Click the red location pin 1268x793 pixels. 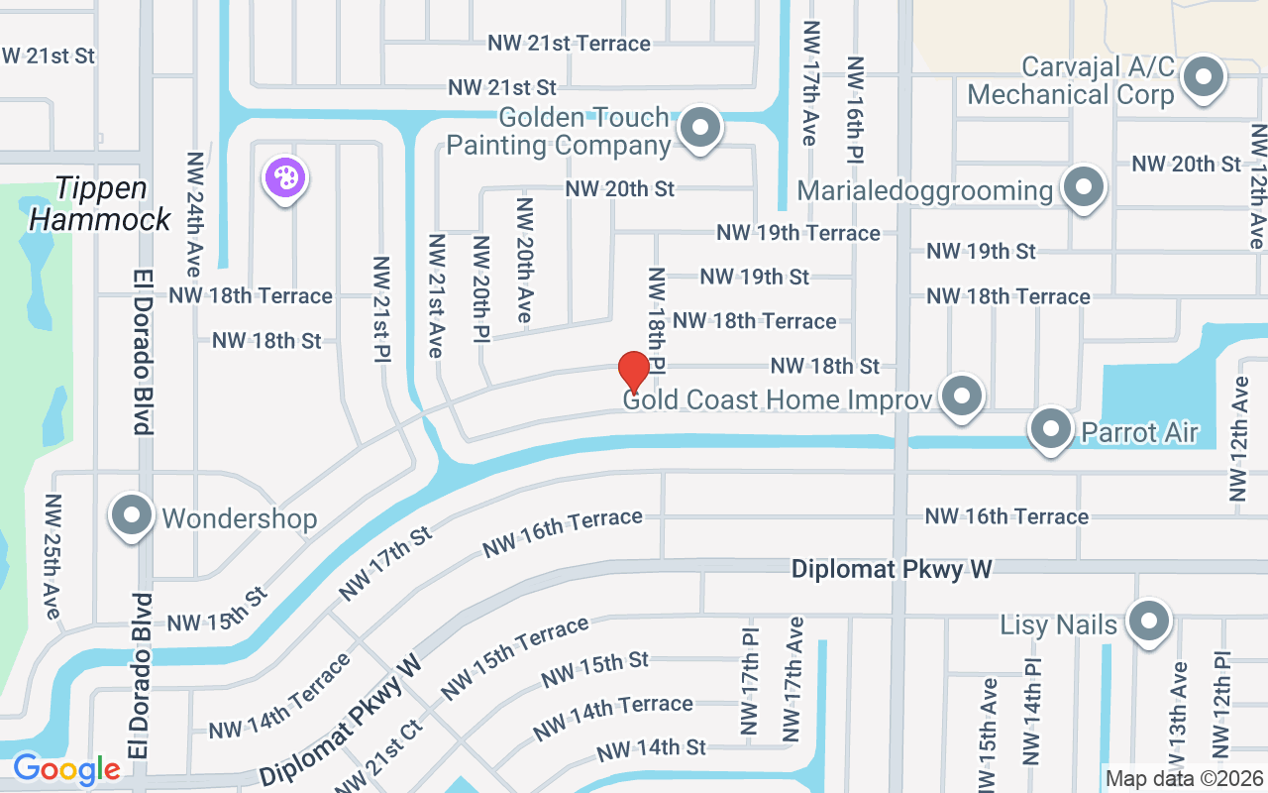pyautogui.click(x=634, y=373)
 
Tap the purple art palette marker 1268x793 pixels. pyautogui.click(x=285, y=179)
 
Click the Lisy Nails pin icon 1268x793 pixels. pyautogui.click(x=1149, y=622)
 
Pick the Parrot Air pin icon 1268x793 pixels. pyautogui.click(x=1051, y=429)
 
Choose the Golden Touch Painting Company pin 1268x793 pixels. pyautogui.click(x=701, y=128)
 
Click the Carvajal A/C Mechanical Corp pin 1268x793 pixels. pyautogui.click(x=1205, y=77)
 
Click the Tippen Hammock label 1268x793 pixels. pyautogui.click(x=101, y=203)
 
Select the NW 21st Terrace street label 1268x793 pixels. pyautogui.click(x=569, y=44)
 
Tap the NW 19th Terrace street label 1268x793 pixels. pyautogui.click(x=798, y=233)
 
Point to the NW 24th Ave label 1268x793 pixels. pyautogui.click(x=194, y=214)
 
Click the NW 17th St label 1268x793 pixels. pyautogui.click(x=385, y=564)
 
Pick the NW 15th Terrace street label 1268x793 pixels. pyautogui.click(x=515, y=656)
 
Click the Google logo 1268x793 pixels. pyautogui.click(x=66, y=769)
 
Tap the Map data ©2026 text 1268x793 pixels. pyautogui.click(x=1184, y=779)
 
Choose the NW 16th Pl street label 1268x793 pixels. pyautogui.click(x=855, y=109)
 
